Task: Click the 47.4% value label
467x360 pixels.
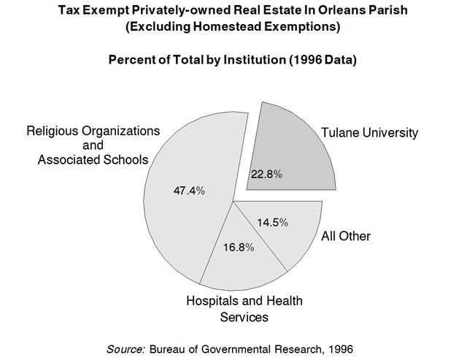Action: coord(189,191)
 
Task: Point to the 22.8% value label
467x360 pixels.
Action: coord(266,175)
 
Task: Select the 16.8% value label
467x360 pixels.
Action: coord(239,247)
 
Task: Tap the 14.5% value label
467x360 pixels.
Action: coord(273,222)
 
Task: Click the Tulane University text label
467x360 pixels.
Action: coord(370,133)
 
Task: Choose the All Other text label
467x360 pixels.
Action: coord(346,236)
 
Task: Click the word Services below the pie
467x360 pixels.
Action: coord(244,317)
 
